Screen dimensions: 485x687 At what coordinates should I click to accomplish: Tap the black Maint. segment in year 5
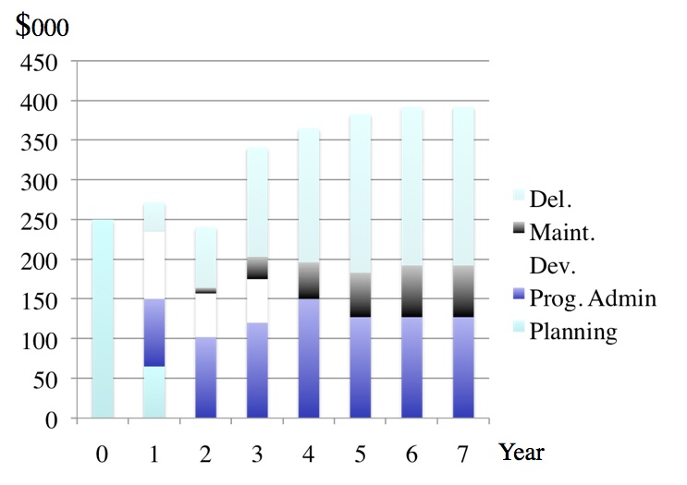click(360, 295)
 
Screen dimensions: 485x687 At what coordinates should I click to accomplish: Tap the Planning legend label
click(572, 331)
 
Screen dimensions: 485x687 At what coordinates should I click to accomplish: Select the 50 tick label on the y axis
click(44, 380)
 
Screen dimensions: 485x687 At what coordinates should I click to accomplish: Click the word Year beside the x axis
click(521, 452)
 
